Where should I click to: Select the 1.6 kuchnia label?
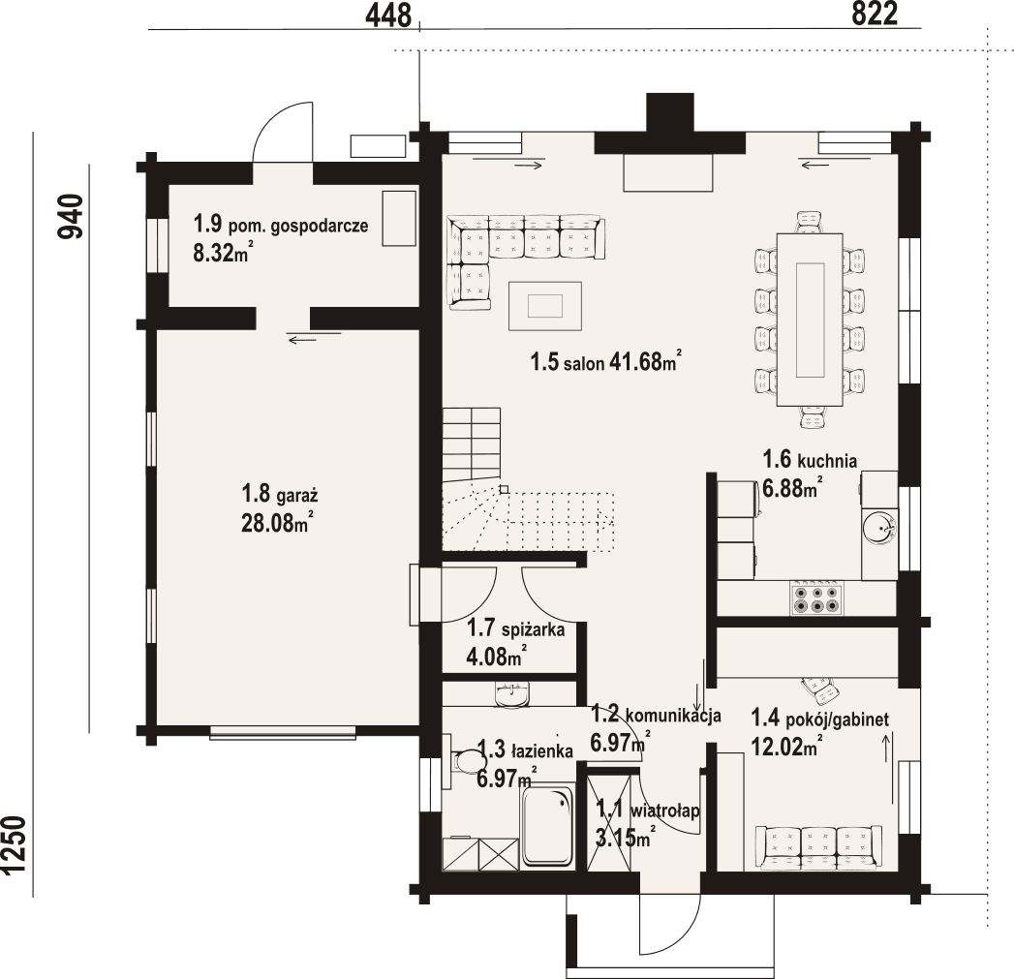810,460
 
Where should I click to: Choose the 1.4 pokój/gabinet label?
820,719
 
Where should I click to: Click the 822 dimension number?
876,14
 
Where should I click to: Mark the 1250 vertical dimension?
14,844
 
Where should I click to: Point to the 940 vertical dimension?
71,217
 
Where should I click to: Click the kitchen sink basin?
878,528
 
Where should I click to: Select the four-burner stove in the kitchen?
817,598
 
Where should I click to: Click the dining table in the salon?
810,319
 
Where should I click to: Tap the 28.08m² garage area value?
276,523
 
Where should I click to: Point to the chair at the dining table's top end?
811,222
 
